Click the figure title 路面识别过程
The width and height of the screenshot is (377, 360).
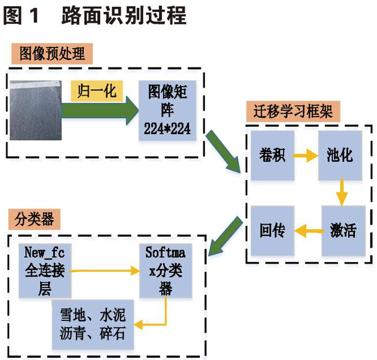pyautogui.click(x=124, y=15)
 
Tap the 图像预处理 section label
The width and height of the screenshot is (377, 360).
pyautogui.click(x=51, y=54)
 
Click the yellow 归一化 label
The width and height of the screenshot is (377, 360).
pyautogui.click(x=97, y=90)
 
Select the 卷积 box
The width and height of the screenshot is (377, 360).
pyautogui.click(x=272, y=155)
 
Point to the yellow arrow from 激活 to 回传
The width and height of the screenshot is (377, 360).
pyautogui.click(x=307, y=230)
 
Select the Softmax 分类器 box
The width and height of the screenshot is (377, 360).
pyautogui.click(x=165, y=270)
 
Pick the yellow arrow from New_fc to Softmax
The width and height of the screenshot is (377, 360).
pyautogui.click(x=106, y=270)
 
